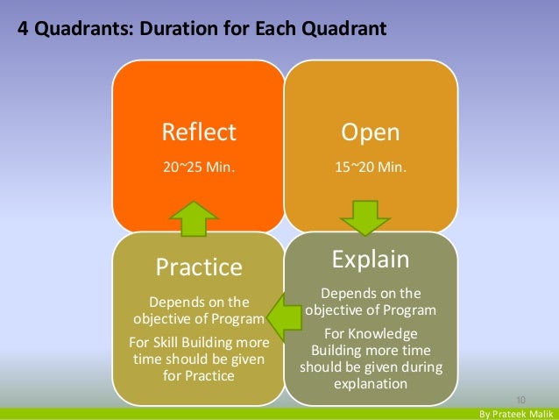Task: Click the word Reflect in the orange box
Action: pyautogui.click(x=199, y=132)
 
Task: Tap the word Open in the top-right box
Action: pyautogui.click(x=371, y=132)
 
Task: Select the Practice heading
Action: pyautogui.click(x=198, y=266)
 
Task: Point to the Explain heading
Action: pyautogui.click(x=371, y=259)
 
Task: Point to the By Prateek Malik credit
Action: pyautogui.click(x=514, y=412)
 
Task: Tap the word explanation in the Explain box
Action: pyautogui.click(x=371, y=384)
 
